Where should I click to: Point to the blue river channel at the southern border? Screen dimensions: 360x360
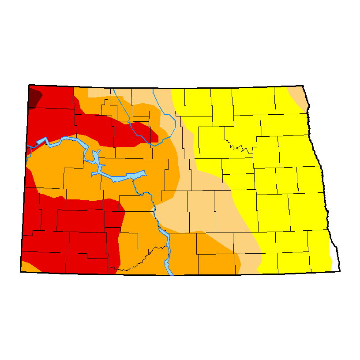[168, 267]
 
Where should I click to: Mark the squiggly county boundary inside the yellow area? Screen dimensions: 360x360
[238, 145]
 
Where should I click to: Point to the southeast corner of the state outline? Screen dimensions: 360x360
[340, 270]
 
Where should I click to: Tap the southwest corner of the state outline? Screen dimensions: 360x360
[20, 270]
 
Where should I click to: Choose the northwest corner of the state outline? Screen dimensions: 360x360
[29, 85]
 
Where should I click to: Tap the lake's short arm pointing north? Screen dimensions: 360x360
[95, 157]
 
